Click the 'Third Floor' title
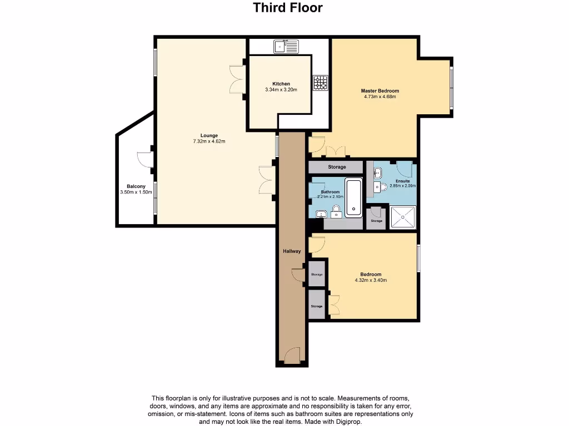(x=288, y=8)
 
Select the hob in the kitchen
(x=321, y=83)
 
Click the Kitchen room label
(x=281, y=84)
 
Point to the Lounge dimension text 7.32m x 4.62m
(x=209, y=141)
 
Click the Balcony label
(x=136, y=186)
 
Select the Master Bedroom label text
(x=380, y=91)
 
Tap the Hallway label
(x=292, y=251)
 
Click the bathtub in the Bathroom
(x=353, y=197)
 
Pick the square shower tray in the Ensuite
(x=404, y=217)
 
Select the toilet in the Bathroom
(x=336, y=210)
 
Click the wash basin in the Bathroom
(x=320, y=214)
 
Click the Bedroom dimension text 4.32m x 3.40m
(x=371, y=280)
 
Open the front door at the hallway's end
(x=292, y=355)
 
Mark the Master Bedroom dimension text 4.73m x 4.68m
(x=380, y=97)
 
